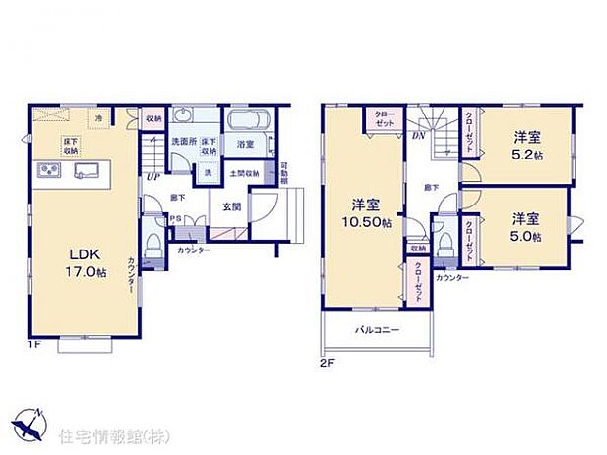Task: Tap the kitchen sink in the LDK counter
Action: coord(83,172)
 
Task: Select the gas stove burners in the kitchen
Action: coord(49,172)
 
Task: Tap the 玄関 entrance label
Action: coord(231,205)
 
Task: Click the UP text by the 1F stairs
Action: coord(152,177)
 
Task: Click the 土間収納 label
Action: coord(245,173)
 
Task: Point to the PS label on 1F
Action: coord(175,219)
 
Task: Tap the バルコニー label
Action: coord(377,330)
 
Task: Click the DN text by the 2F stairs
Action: coord(417,136)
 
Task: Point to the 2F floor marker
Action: coord(327,362)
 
